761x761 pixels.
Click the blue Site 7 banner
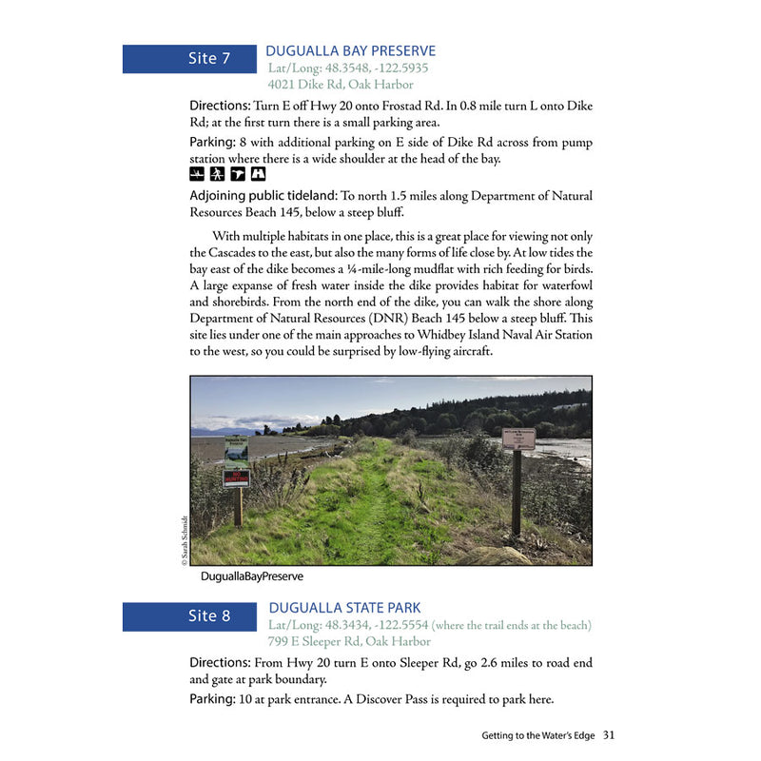click(190, 59)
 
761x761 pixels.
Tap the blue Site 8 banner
click(190, 616)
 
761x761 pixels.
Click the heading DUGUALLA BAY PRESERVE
click(351, 51)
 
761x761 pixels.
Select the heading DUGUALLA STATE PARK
click(344, 608)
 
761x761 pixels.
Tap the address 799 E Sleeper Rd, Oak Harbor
click(350, 642)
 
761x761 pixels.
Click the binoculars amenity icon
click(217, 174)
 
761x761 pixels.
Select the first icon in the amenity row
click(197, 174)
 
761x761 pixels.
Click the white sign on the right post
click(518, 439)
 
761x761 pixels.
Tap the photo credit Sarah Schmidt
click(184, 540)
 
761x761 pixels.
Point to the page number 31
click(609, 734)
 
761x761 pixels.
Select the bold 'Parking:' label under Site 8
click(212, 699)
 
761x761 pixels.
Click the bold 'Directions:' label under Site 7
click(220, 106)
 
